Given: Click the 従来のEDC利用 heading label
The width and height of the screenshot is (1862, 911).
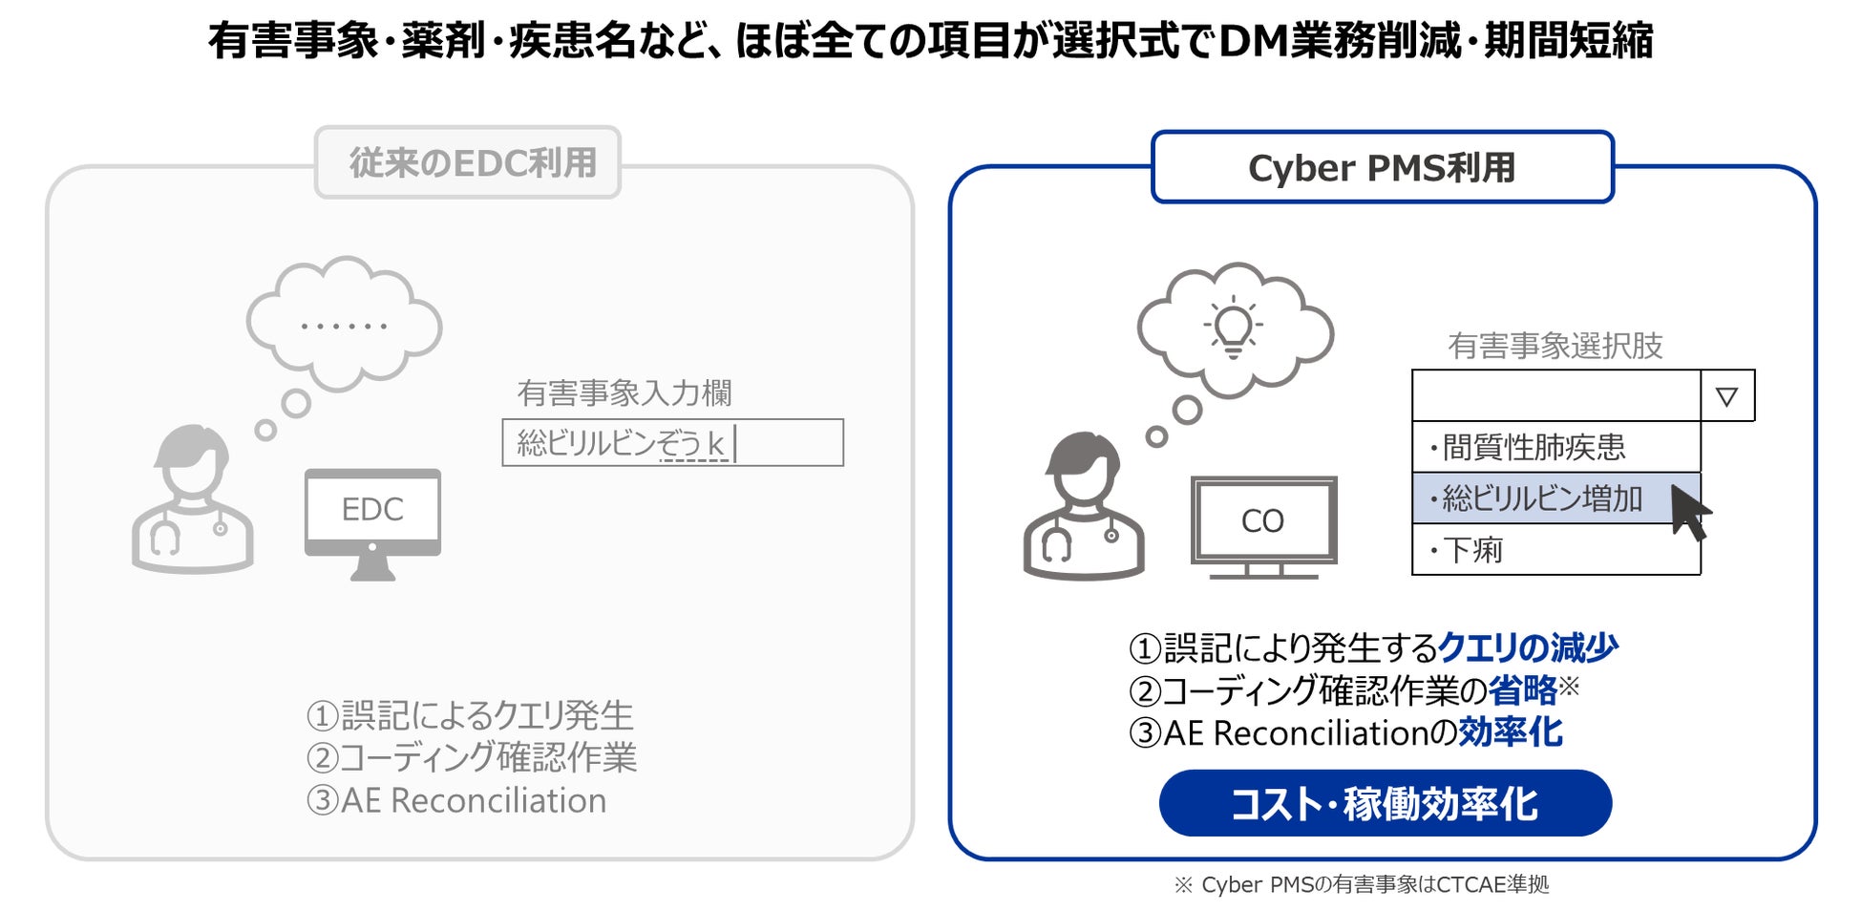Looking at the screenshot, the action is [x=468, y=162].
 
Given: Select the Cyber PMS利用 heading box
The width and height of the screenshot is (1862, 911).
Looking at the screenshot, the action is [x=1382, y=167].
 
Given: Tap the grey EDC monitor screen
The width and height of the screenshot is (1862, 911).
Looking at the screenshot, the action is [x=372, y=509].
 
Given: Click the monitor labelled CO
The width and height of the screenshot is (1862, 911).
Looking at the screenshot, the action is [x=1262, y=520].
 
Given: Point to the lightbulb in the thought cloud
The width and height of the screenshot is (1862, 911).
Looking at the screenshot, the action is [x=1233, y=327].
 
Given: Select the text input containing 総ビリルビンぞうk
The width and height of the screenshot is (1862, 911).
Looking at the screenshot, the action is [x=672, y=443].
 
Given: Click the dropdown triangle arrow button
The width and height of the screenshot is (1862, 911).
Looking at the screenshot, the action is [x=1726, y=395].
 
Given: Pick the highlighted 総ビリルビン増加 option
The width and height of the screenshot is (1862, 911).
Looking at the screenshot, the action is [x=1542, y=498].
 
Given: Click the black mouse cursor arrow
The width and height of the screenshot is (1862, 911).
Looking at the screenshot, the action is [x=1688, y=511].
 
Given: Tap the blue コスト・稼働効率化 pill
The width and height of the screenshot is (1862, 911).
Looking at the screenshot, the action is [x=1385, y=803].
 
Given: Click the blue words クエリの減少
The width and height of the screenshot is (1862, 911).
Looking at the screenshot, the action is [x=1527, y=647].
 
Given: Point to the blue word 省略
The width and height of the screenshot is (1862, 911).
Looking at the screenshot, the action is [x=1523, y=689].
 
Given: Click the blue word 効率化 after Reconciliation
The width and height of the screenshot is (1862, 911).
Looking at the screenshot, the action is [x=1510, y=732].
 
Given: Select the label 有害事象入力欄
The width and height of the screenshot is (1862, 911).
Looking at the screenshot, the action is [x=624, y=392].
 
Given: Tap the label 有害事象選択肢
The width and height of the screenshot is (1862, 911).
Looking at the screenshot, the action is [x=1555, y=345].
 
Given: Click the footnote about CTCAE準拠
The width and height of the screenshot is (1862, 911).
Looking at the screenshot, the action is [x=1361, y=885].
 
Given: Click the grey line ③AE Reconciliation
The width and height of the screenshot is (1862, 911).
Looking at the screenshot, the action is [x=456, y=800].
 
